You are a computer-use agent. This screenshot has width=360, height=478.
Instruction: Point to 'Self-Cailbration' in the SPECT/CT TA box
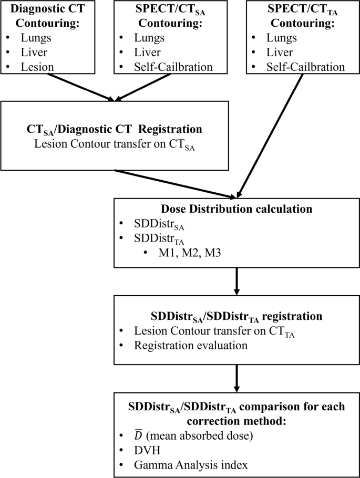pos(305,67)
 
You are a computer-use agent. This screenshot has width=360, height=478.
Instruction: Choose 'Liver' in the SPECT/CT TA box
pos(281,53)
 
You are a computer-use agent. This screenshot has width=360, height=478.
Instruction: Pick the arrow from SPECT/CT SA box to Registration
pos(145,87)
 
